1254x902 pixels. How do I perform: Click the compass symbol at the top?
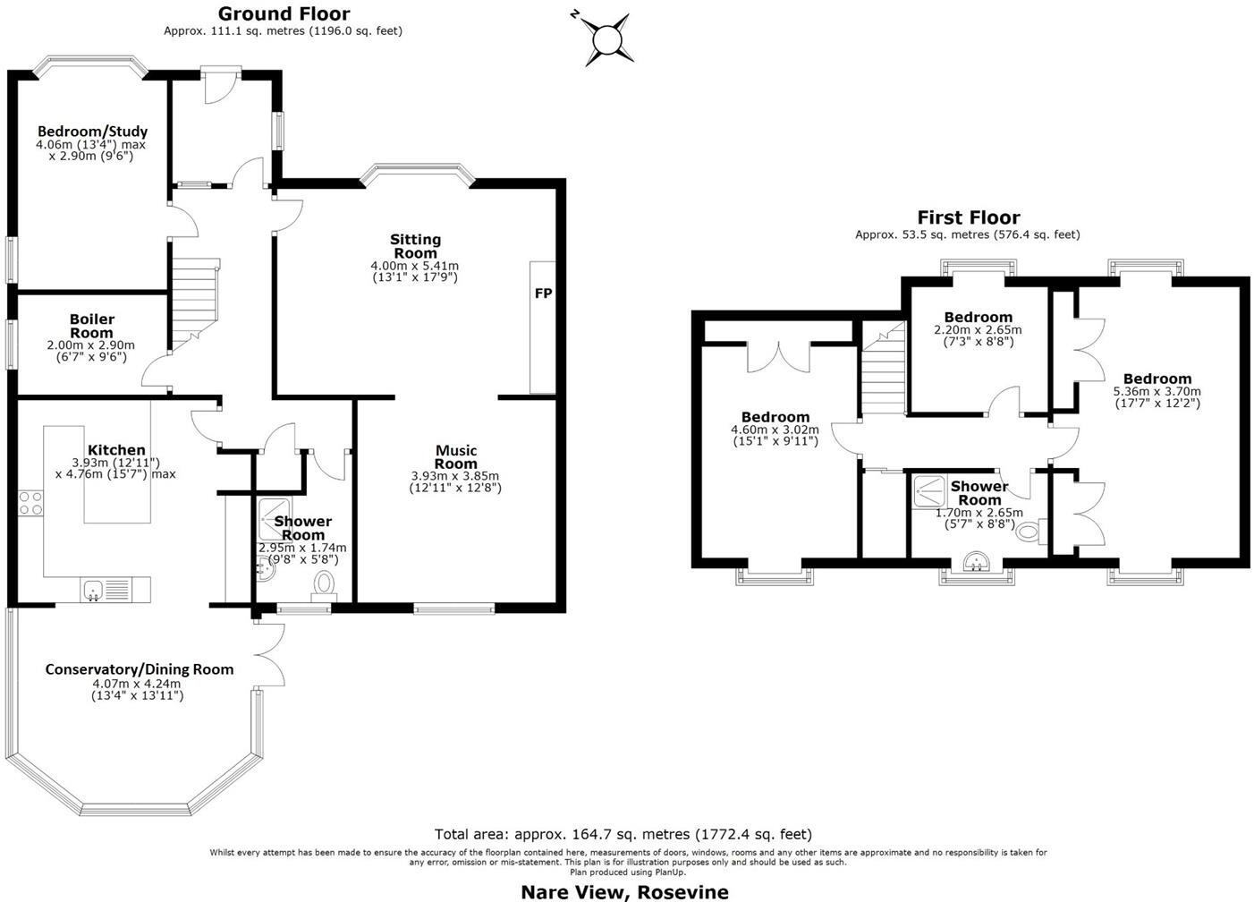coord(606,39)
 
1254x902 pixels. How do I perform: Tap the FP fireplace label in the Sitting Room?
coord(543,294)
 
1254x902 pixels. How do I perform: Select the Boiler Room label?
coord(92,326)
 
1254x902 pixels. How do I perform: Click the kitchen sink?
coord(93,589)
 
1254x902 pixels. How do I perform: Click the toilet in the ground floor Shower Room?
coord(324,585)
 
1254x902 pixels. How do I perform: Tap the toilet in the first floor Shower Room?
coord(1030,532)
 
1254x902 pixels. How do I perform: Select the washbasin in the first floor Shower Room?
coord(977,563)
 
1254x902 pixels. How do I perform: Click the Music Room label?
coord(456,456)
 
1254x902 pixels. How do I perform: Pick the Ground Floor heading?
coord(284,13)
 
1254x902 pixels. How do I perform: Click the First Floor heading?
coord(968,217)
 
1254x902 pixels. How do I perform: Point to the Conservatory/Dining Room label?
coord(140,669)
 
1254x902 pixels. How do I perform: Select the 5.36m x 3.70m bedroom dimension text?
coord(1157,392)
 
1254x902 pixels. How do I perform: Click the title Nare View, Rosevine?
coord(624,891)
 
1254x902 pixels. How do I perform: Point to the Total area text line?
coord(623,834)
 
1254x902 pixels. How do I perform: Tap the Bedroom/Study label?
coord(92,132)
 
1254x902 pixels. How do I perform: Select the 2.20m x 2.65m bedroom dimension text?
coord(978,330)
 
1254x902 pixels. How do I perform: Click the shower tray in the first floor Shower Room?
coord(929,489)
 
